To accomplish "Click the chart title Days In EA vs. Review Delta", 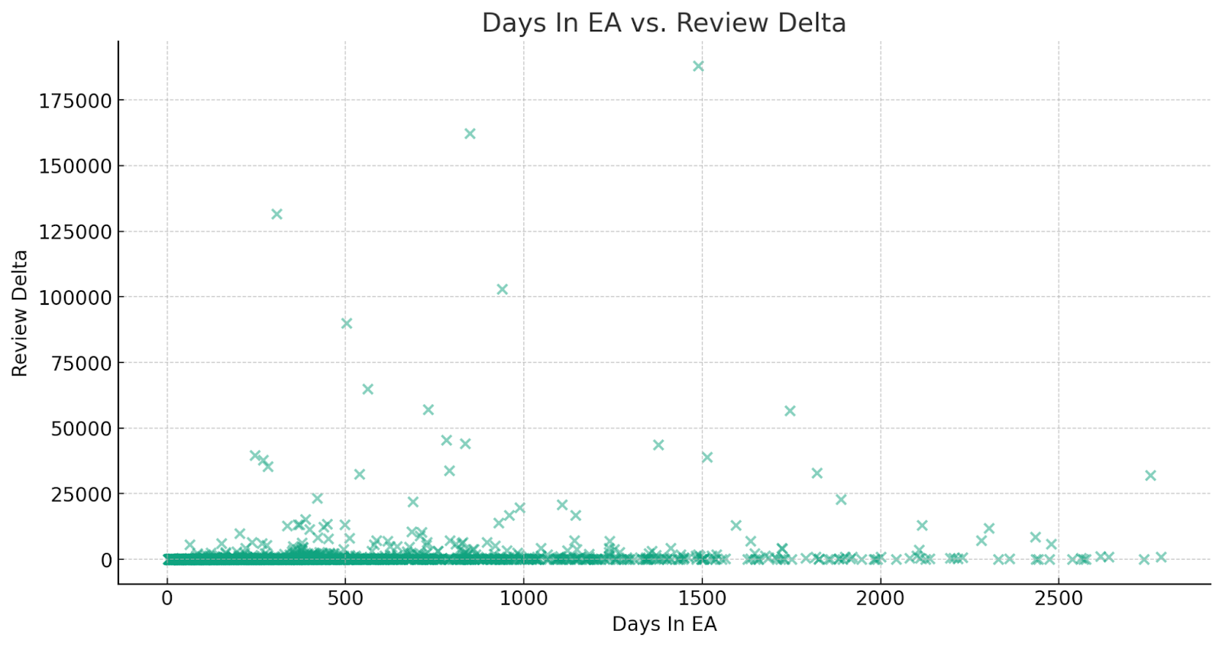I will [x=664, y=23].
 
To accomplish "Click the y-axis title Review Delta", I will [x=20, y=313].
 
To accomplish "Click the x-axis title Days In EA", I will [x=664, y=624].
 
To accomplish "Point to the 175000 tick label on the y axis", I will [x=75, y=101].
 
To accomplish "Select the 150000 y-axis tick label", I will [x=75, y=167].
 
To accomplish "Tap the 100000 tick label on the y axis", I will [x=75, y=298].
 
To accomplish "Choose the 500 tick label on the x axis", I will [x=345, y=599].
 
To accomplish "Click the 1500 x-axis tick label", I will [x=702, y=599].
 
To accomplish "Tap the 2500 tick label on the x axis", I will [x=1058, y=599].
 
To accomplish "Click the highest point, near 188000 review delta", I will [x=698, y=66].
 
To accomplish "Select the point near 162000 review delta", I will [x=470, y=134].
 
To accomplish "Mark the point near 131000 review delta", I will [x=276, y=215].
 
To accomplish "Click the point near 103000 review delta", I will [x=502, y=290].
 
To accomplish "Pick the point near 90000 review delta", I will [x=346, y=324].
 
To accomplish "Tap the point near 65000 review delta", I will [x=367, y=390].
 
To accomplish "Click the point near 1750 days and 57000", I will [x=790, y=411].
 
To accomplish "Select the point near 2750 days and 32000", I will [x=1150, y=476].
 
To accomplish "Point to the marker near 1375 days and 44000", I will [x=658, y=445].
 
